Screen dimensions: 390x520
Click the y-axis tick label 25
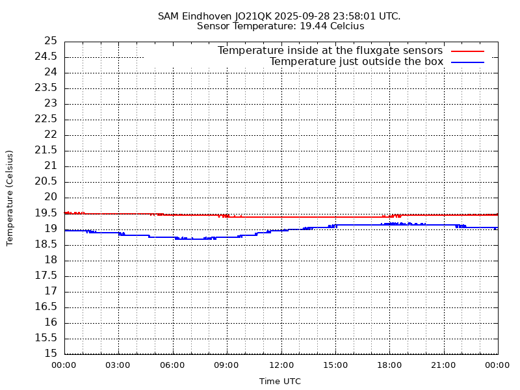click(x=50, y=41)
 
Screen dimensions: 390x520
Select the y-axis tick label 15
click(x=50, y=354)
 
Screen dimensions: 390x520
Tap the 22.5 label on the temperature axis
click(x=46, y=119)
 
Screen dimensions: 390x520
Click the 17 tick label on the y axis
click(x=50, y=291)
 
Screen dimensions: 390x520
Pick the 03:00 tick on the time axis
click(x=118, y=365)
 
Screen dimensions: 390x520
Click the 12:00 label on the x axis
click(x=281, y=365)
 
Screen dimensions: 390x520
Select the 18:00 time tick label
click(x=389, y=365)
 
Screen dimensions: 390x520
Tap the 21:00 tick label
click(x=443, y=365)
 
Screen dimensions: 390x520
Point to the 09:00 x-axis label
click(x=227, y=365)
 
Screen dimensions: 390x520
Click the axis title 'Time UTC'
click(x=280, y=382)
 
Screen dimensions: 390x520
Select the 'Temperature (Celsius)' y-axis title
click(x=10, y=198)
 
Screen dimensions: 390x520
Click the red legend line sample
click(x=468, y=51)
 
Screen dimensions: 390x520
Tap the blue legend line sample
click(x=468, y=62)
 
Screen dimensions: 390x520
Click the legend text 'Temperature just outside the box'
click(x=356, y=62)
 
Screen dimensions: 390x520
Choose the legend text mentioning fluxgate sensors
click(x=330, y=51)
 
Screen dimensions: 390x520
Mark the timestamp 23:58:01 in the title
click(x=357, y=16)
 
